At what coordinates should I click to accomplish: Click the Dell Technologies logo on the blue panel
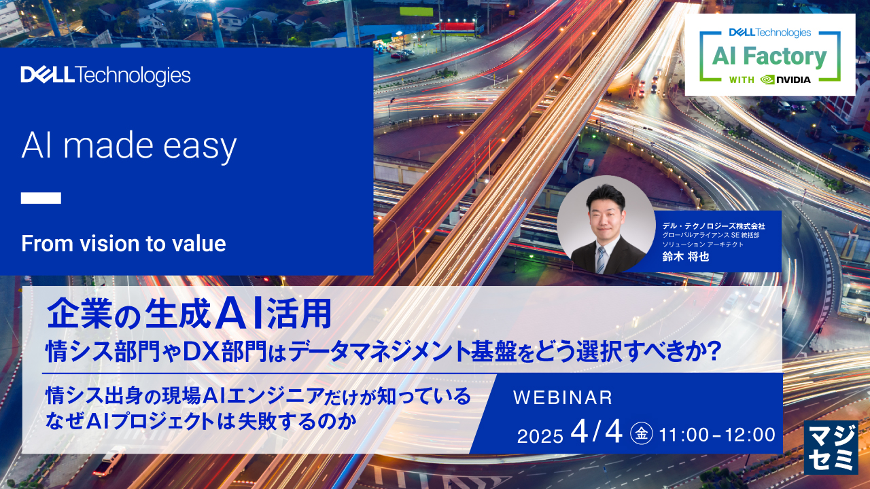pos(105,75)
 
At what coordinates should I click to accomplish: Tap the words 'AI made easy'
pos(129,146)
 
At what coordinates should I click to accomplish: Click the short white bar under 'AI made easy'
pos(41,198)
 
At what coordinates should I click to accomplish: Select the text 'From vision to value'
pos(124,243)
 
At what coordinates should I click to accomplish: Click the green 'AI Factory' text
pos(769,56)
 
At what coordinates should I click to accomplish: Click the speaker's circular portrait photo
pos(606,225)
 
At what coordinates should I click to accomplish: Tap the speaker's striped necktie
pos(601,259)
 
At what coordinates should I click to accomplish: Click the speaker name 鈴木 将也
pos(686,257)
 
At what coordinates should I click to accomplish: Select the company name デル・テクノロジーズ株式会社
pos(714,226)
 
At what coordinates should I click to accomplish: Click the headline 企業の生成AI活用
pos(189,313)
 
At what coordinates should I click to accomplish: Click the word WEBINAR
pos(563,397)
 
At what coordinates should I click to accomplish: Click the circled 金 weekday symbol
pos(641,433)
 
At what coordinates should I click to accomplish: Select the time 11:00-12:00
pos(717,435)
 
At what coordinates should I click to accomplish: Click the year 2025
pos(540,436)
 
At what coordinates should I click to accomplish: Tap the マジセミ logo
pos(831,448)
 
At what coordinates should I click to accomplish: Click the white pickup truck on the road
pos(109,460)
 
